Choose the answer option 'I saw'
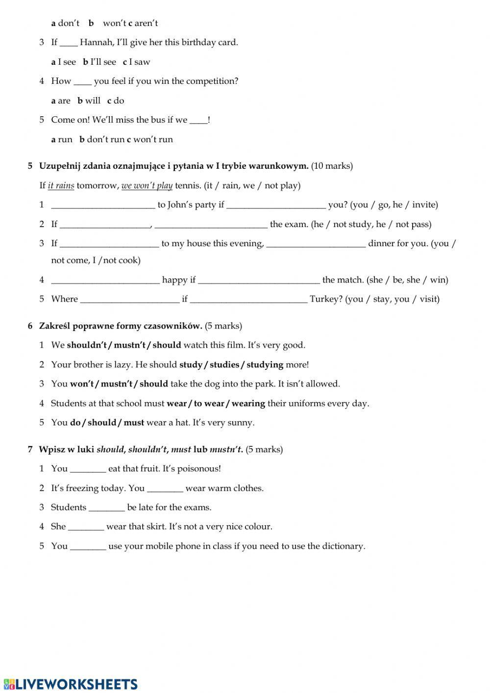pos(139,62)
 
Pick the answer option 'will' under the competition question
pos(92,101)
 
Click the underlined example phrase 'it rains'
pos(61,185)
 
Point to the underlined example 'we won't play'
pos(147,185)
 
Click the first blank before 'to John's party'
pos(103,205)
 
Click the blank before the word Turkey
pos(248,300)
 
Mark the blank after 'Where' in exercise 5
pos(130,300)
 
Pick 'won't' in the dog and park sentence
pos(81,384)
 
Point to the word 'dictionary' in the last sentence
pos(343,546)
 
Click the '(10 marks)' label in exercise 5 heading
pos(332,166)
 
